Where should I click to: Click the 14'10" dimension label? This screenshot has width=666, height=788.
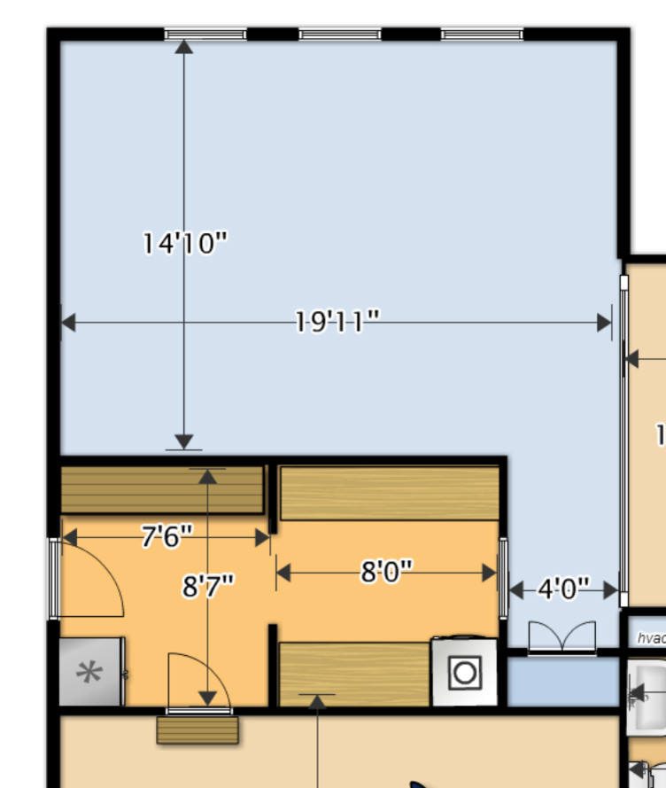click(185, 242)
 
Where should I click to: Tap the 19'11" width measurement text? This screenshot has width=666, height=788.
click(337, 321)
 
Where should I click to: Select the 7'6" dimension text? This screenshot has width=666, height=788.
click(167, 536)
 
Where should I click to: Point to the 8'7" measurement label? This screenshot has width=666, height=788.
click(208, 586)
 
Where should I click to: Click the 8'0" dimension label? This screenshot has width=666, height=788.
click(387, 572)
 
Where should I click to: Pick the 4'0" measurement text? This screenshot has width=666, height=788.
click(563, 589)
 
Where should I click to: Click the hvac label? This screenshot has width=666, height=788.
click(651, 637)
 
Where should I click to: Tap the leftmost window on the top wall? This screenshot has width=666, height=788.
click(205, 35)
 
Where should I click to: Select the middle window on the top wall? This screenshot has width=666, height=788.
click(340, 35)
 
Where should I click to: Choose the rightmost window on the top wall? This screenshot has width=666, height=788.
click(482, 35)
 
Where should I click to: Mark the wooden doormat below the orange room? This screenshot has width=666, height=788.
click(198, 729)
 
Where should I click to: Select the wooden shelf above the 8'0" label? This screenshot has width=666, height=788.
click(389, 493)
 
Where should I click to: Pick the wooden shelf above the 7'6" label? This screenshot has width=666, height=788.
click(162, 490)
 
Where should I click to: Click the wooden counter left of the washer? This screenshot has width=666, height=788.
click(354, 674)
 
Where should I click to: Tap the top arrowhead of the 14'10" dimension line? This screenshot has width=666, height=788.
click(184, 46)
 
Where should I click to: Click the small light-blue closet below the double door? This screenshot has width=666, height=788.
click(562, 681)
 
